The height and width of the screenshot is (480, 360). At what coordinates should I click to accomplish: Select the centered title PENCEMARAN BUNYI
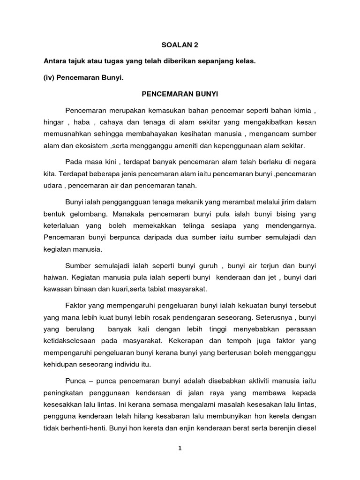pos(180,94)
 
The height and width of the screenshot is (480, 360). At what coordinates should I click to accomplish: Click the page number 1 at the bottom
pos(180,448)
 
